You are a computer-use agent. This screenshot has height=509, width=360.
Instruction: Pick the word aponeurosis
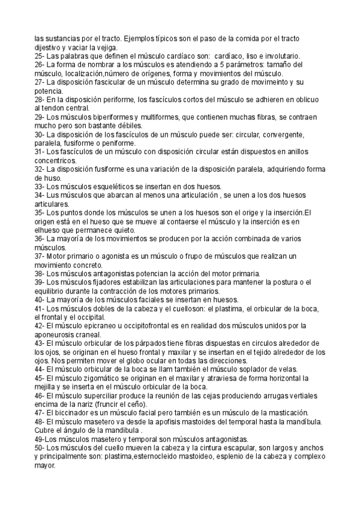tap(57, 334)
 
